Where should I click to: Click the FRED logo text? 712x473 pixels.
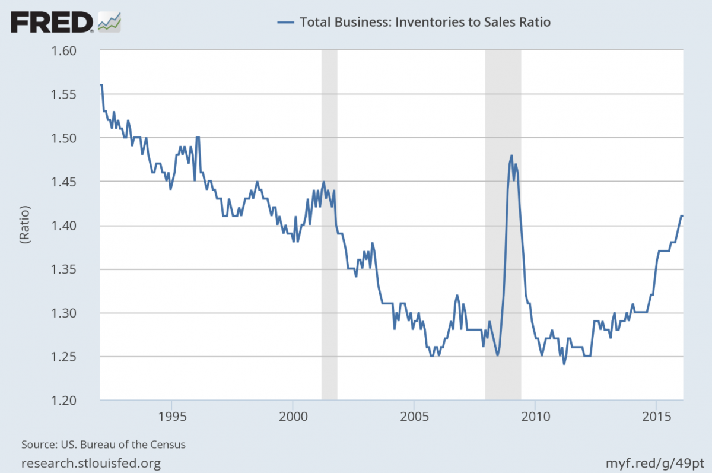click(x=51, y=23)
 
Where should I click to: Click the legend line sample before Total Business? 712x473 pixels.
click(x=285, y=23)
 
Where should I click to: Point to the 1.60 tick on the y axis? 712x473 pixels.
click(x=75, y=51)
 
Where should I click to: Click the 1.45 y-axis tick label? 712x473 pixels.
click(x=75, y=182)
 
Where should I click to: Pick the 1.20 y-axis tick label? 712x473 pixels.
click(x=75, y=401)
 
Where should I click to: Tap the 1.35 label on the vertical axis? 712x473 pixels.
click(x=75, y=269)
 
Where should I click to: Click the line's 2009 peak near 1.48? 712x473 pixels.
click(x=511, y=156)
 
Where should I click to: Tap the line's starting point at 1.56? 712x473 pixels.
click(x=101, y=85)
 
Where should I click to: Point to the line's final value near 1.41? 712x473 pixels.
click(x=682, y=216)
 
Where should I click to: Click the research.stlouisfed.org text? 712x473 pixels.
click(x=91, y=462)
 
